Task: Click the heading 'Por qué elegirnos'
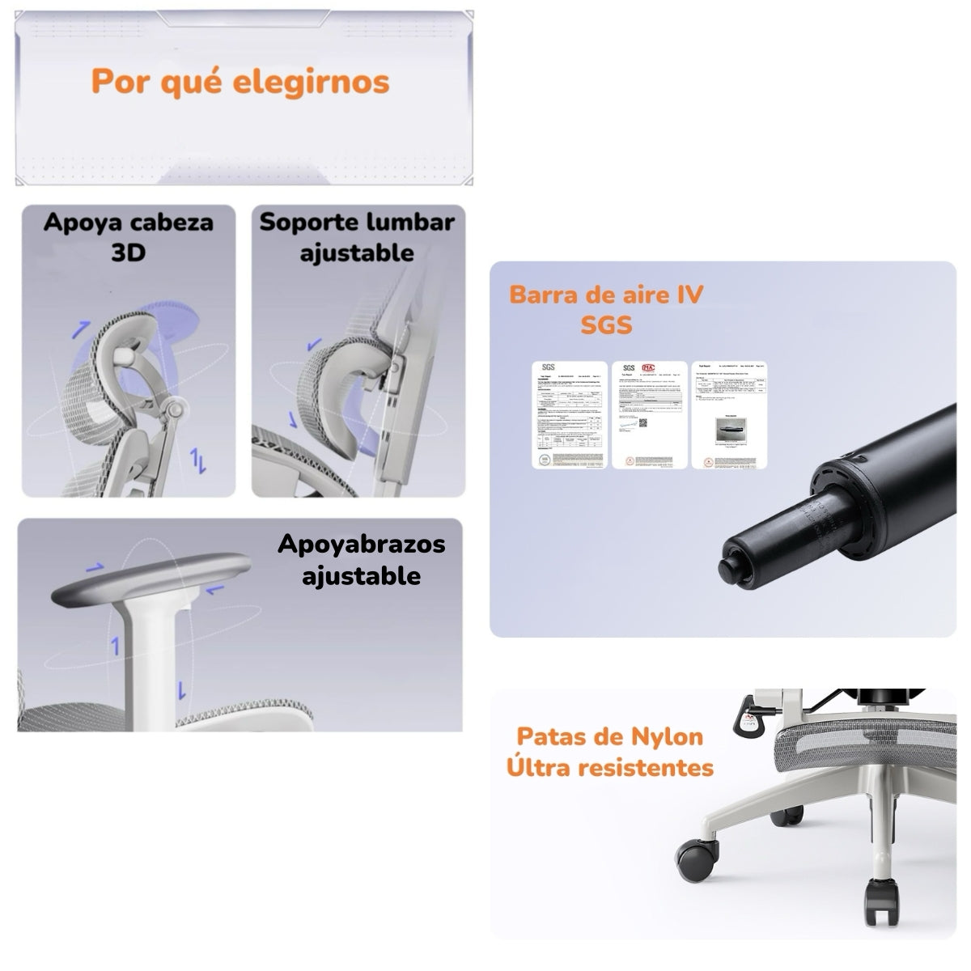240,82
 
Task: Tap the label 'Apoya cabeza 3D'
128,236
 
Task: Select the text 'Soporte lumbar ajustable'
357,236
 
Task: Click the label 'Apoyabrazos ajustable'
361,559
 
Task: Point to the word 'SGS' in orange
606,325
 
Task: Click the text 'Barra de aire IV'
605,294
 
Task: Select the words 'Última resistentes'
610,766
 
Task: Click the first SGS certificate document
568,415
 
